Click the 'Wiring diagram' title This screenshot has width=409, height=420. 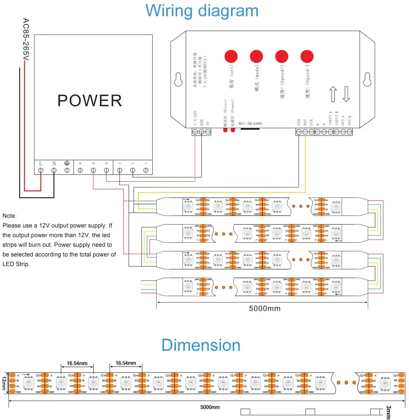[202, 11]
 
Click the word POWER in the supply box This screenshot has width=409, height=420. [90, 101]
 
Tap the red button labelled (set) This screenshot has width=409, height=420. [231, 56]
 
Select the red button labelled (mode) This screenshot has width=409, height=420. [256, 56]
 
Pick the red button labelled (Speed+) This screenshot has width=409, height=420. [282, 56]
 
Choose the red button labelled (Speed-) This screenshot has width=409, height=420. [307, 56]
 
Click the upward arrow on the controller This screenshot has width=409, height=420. [333, 94]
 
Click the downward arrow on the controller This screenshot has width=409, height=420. [346, 94]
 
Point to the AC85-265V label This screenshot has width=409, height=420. [26, 40]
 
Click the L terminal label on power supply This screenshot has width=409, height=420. [41, 164]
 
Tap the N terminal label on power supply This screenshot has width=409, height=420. [54, 164]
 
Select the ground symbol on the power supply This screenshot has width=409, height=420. [67, 163]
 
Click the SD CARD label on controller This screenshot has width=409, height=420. [251, 124]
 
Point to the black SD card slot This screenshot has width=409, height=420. [250, 129]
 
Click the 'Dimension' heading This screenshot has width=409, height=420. [201, 345]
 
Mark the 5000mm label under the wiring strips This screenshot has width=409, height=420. [265, 309]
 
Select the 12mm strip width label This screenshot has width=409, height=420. [4, 383]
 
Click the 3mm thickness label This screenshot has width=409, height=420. [388, 412]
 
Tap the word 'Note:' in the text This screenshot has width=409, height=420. [10, 216]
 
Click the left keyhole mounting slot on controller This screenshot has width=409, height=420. [178, 80]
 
